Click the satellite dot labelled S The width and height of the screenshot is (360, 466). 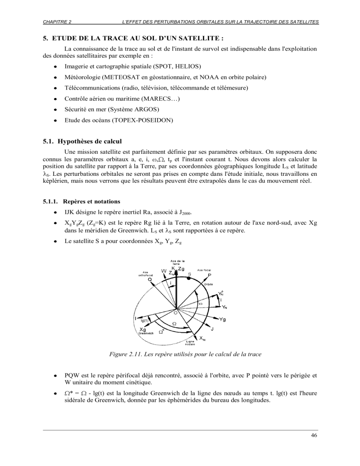pos(189,278)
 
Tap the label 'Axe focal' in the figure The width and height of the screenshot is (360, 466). pos(207,270)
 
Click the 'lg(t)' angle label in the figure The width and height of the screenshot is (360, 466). pos(145,320)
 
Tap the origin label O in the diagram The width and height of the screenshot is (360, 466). pos(175,312)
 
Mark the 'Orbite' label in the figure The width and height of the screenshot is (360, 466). pos(210,285)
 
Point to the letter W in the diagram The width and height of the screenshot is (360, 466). pos(164,271)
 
